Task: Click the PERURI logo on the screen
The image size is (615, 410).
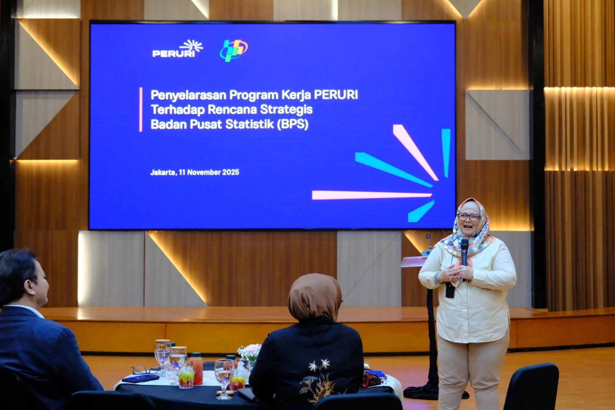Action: tap(177, 48)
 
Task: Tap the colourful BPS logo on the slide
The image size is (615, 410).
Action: tap(234, 50)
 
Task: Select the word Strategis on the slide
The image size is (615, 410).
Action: tap(286, 109)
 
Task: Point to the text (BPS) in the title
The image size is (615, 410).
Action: tap(293, 124)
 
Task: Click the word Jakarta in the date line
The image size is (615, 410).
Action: tap(163, 172)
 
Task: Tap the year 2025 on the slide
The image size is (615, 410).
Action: tap(231, 172)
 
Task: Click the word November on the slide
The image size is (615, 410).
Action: tap(204, 172)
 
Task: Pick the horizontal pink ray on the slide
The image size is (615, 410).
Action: tap(372, 195)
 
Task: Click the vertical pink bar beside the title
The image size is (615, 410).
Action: tap(141, 110)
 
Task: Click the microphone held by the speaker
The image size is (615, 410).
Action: tap(464, 255)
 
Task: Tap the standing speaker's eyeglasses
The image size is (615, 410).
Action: tap(469, 217)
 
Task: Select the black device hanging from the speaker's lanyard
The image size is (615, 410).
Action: tap(450, 290)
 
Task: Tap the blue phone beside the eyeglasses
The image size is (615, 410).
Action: tap(140, 379)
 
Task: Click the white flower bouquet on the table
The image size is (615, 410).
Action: tap(249, 352)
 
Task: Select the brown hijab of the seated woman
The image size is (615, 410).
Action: tap(315, 297)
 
